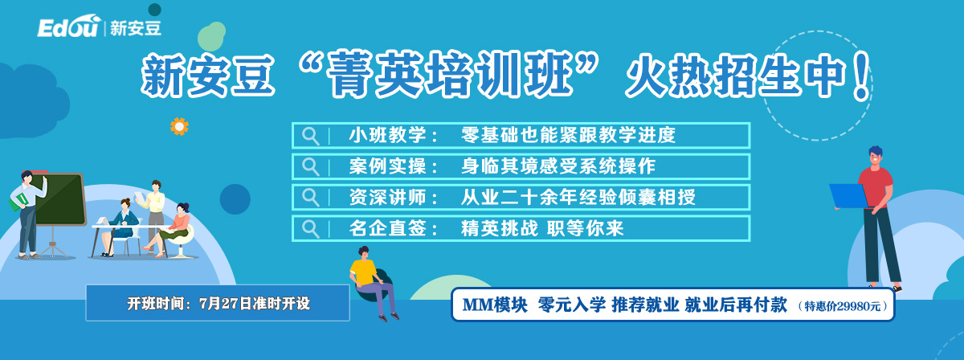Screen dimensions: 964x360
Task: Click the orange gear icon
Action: click(179, 127)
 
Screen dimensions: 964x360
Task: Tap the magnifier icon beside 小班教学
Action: click(310, 136)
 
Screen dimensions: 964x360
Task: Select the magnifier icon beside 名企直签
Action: click(310, 229)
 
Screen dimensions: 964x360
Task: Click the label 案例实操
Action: click(388, 166)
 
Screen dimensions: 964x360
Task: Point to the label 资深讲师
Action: click(388, 197)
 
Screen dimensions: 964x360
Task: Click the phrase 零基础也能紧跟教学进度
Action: click(568, 135)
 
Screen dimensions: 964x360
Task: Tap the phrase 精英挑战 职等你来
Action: click(542, 228)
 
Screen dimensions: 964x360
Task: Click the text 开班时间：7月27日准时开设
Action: click(219, 304)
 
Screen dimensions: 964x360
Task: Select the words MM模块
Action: click(495, 305)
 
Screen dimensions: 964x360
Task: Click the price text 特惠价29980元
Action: click(842, 306)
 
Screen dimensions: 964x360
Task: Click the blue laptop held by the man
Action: click(848, 196)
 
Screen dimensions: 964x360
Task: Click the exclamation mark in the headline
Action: click(861, 76)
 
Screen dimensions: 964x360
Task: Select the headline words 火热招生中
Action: click(736, 76)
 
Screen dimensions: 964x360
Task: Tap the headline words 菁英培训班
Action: click(449, 74)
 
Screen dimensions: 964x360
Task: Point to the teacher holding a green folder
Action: click(28, 214)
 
